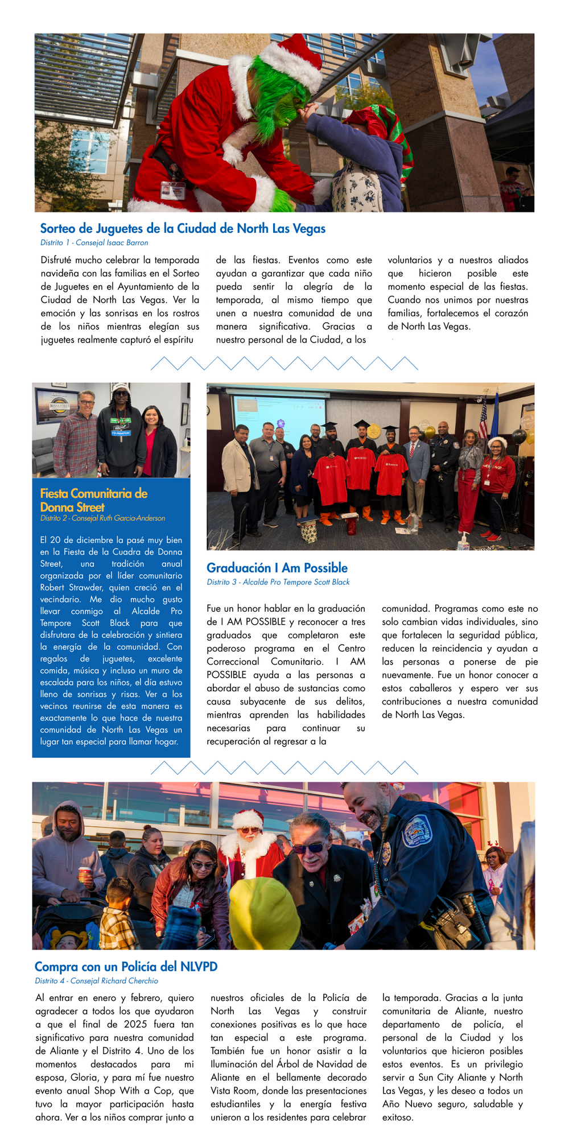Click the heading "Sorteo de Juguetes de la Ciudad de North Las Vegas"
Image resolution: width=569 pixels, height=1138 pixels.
point(183,229)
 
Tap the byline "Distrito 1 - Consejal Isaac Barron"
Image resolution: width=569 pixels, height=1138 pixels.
point(94,242)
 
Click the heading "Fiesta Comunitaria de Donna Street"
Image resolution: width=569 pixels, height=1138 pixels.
point(93,500)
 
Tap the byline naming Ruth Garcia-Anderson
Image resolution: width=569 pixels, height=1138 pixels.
point(102,518)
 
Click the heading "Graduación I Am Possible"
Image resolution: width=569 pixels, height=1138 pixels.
point(277,568)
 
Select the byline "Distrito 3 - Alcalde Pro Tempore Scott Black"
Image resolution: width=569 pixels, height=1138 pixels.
point(278,582)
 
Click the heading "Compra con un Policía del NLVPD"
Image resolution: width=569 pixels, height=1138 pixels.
point(126,967)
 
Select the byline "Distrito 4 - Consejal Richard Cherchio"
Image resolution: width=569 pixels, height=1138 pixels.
point(96,981)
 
